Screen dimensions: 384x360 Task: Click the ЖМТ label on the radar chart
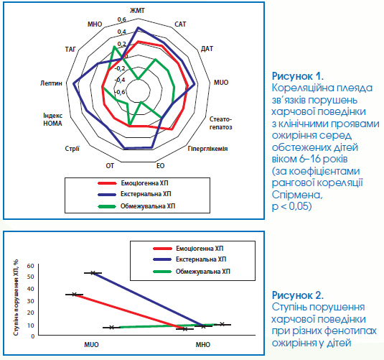(x=137, y=11)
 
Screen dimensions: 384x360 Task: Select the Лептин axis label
(x=51, y=83)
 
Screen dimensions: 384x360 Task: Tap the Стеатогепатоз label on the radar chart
(x=220, y=123)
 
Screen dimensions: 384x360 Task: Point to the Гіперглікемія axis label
(x=207, y=149)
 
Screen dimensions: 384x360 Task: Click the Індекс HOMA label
(x=52, y=119)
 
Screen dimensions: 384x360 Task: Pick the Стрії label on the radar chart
(x=72, y=149)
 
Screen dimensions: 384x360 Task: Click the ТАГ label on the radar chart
(x=70, y=50)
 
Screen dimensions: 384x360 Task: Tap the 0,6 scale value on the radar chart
(x=122, y=19)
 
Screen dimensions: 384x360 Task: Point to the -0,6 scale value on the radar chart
(x=120, y=92)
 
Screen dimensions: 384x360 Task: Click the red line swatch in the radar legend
(x=107, y=183)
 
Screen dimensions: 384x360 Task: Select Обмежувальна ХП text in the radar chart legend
(x=148, y=206)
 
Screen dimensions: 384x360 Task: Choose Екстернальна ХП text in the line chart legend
(x=201, y=259)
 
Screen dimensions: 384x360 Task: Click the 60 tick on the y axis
(x=31, y=266)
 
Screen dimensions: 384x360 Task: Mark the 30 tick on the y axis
(x=31, y=301)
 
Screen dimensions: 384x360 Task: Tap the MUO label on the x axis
(x=91, y=344)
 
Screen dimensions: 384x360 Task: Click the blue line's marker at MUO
(x=93, y=273)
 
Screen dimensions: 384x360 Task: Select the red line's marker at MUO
(x=75, y=295)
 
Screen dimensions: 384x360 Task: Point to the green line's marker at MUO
(x=112, y=328)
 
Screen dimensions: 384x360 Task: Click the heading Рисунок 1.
(x=298, y=76)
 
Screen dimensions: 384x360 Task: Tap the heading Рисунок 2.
(x=298, y=295)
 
